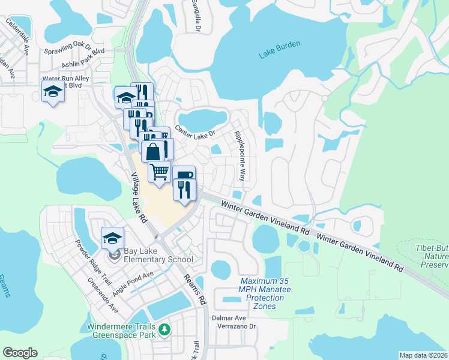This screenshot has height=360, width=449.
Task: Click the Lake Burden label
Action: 280,53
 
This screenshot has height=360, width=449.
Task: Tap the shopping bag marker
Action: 154,151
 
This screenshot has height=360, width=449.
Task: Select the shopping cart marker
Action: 160,172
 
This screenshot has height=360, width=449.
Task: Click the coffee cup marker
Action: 184,176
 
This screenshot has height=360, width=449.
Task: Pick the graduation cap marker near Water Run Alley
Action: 53,92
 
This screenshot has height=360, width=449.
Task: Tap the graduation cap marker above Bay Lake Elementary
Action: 113,238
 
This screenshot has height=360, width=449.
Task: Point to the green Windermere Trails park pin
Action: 163,329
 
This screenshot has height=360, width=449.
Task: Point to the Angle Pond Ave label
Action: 132,282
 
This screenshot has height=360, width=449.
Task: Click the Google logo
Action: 20,353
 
